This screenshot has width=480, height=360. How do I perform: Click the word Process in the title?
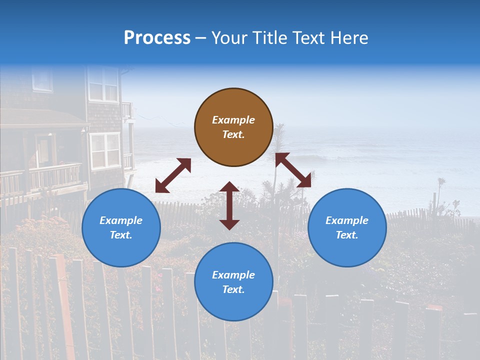pyautogui.click(x=157, y=38)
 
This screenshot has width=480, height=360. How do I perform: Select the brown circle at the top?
pyautogui.click(x=233, y=127)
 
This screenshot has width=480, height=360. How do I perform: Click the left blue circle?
pyautogui.click(x=121, y=227)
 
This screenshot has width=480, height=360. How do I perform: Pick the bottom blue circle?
pyautogui.click(x=233, y=282)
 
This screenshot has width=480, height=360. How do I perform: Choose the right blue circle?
pyautogui.click(x=347, y=227)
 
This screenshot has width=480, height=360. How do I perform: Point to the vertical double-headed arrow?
pyautogui.click(x=229, y=205)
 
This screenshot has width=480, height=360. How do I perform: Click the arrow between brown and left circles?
pyautogui.click(x=173, y=175)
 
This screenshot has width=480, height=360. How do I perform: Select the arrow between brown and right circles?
pyautogui.click(x=293, y=170)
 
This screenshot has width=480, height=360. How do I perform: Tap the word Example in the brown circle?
pyautogui.click(x=233, y=120)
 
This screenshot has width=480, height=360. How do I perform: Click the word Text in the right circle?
pyautogui.click(x=347, y=235)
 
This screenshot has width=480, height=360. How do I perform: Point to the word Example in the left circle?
pyautogui.click(x=121, y=220)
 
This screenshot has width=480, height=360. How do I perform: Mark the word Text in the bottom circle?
pyautogui.click(x=233, y=289)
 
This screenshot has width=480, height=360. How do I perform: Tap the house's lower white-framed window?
pyautogui.click(x=105, y=150)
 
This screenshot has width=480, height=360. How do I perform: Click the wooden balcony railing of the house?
pyautogui.click(x=55, y=176)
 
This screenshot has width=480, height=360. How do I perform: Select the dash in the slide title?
pyautogui.click(x=200, y=38)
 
